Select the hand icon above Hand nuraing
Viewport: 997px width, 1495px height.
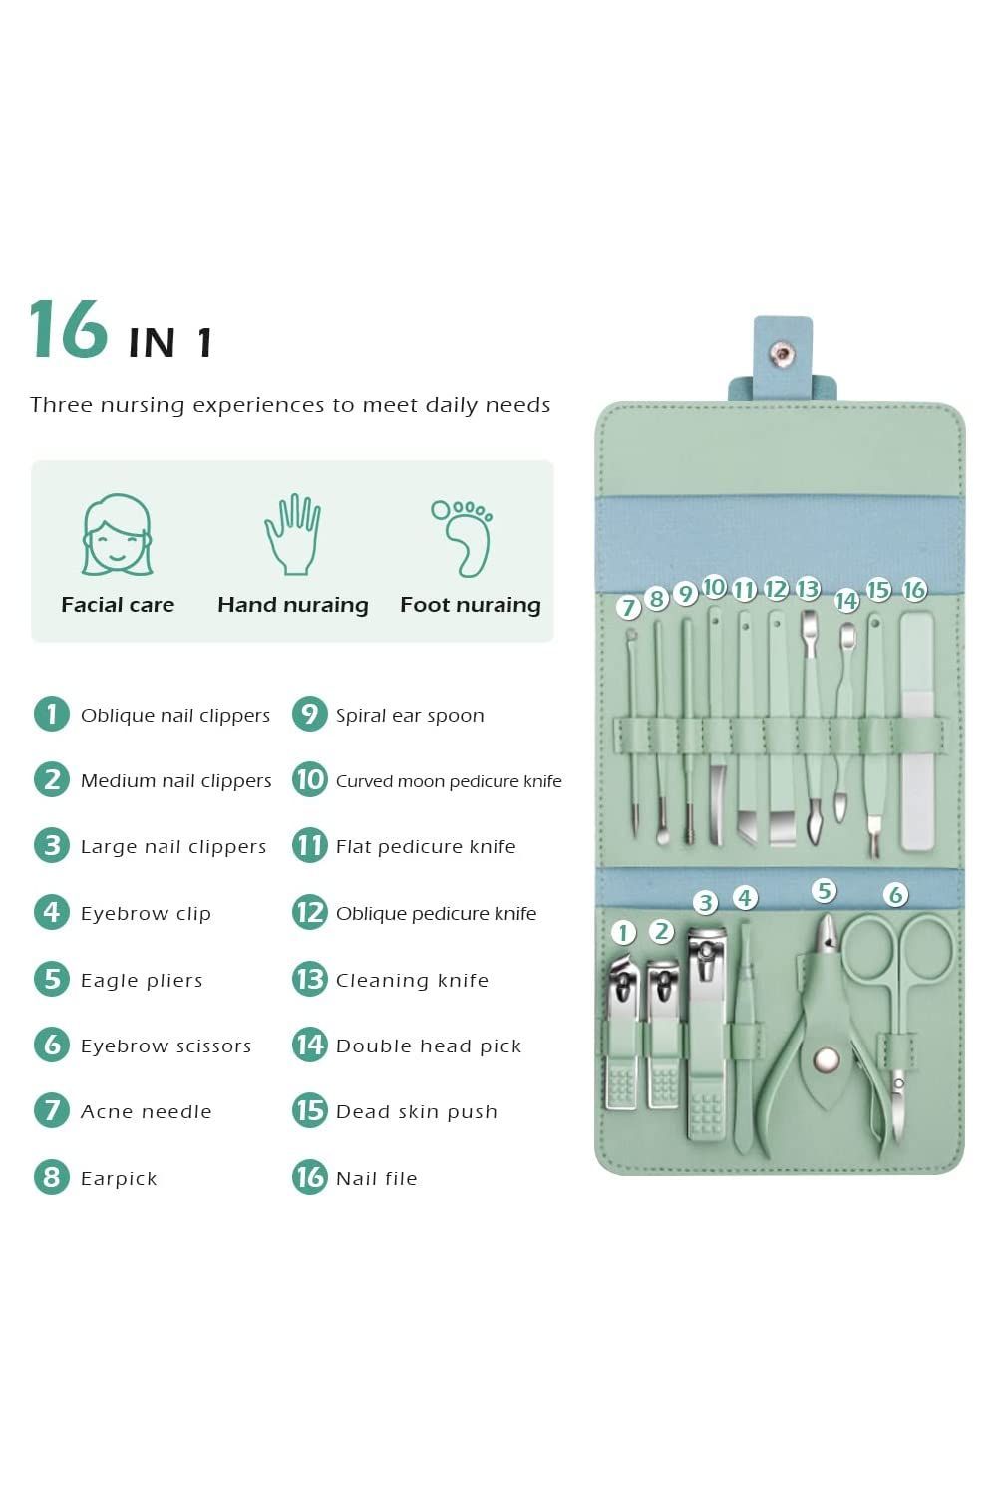click(x=292, y=535)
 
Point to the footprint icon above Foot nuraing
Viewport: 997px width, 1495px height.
click(x=465, y=538)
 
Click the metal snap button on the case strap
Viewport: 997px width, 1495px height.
click(x=781, y=351)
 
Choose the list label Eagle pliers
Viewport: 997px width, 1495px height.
click(x=142, y=980)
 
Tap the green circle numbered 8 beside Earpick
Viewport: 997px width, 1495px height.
click(x=51, y=1177)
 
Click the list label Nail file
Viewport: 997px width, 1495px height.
click(x=376, y=1178)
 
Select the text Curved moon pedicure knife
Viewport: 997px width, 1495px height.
click(x=449, y=781)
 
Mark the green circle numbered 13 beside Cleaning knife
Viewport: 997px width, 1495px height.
click(x=310, y=979)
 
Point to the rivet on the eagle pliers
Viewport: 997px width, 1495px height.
click(x=826, y=1059)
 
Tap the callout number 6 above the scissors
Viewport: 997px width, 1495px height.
click(x=895, y=894)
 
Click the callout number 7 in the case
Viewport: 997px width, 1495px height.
click(x=628, y=607)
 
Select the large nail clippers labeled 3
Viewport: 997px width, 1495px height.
click(x=706, y=1037)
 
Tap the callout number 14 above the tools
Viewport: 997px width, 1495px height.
click(x=846, y=600)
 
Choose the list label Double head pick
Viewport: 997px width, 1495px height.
click(x=429, y=1046)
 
